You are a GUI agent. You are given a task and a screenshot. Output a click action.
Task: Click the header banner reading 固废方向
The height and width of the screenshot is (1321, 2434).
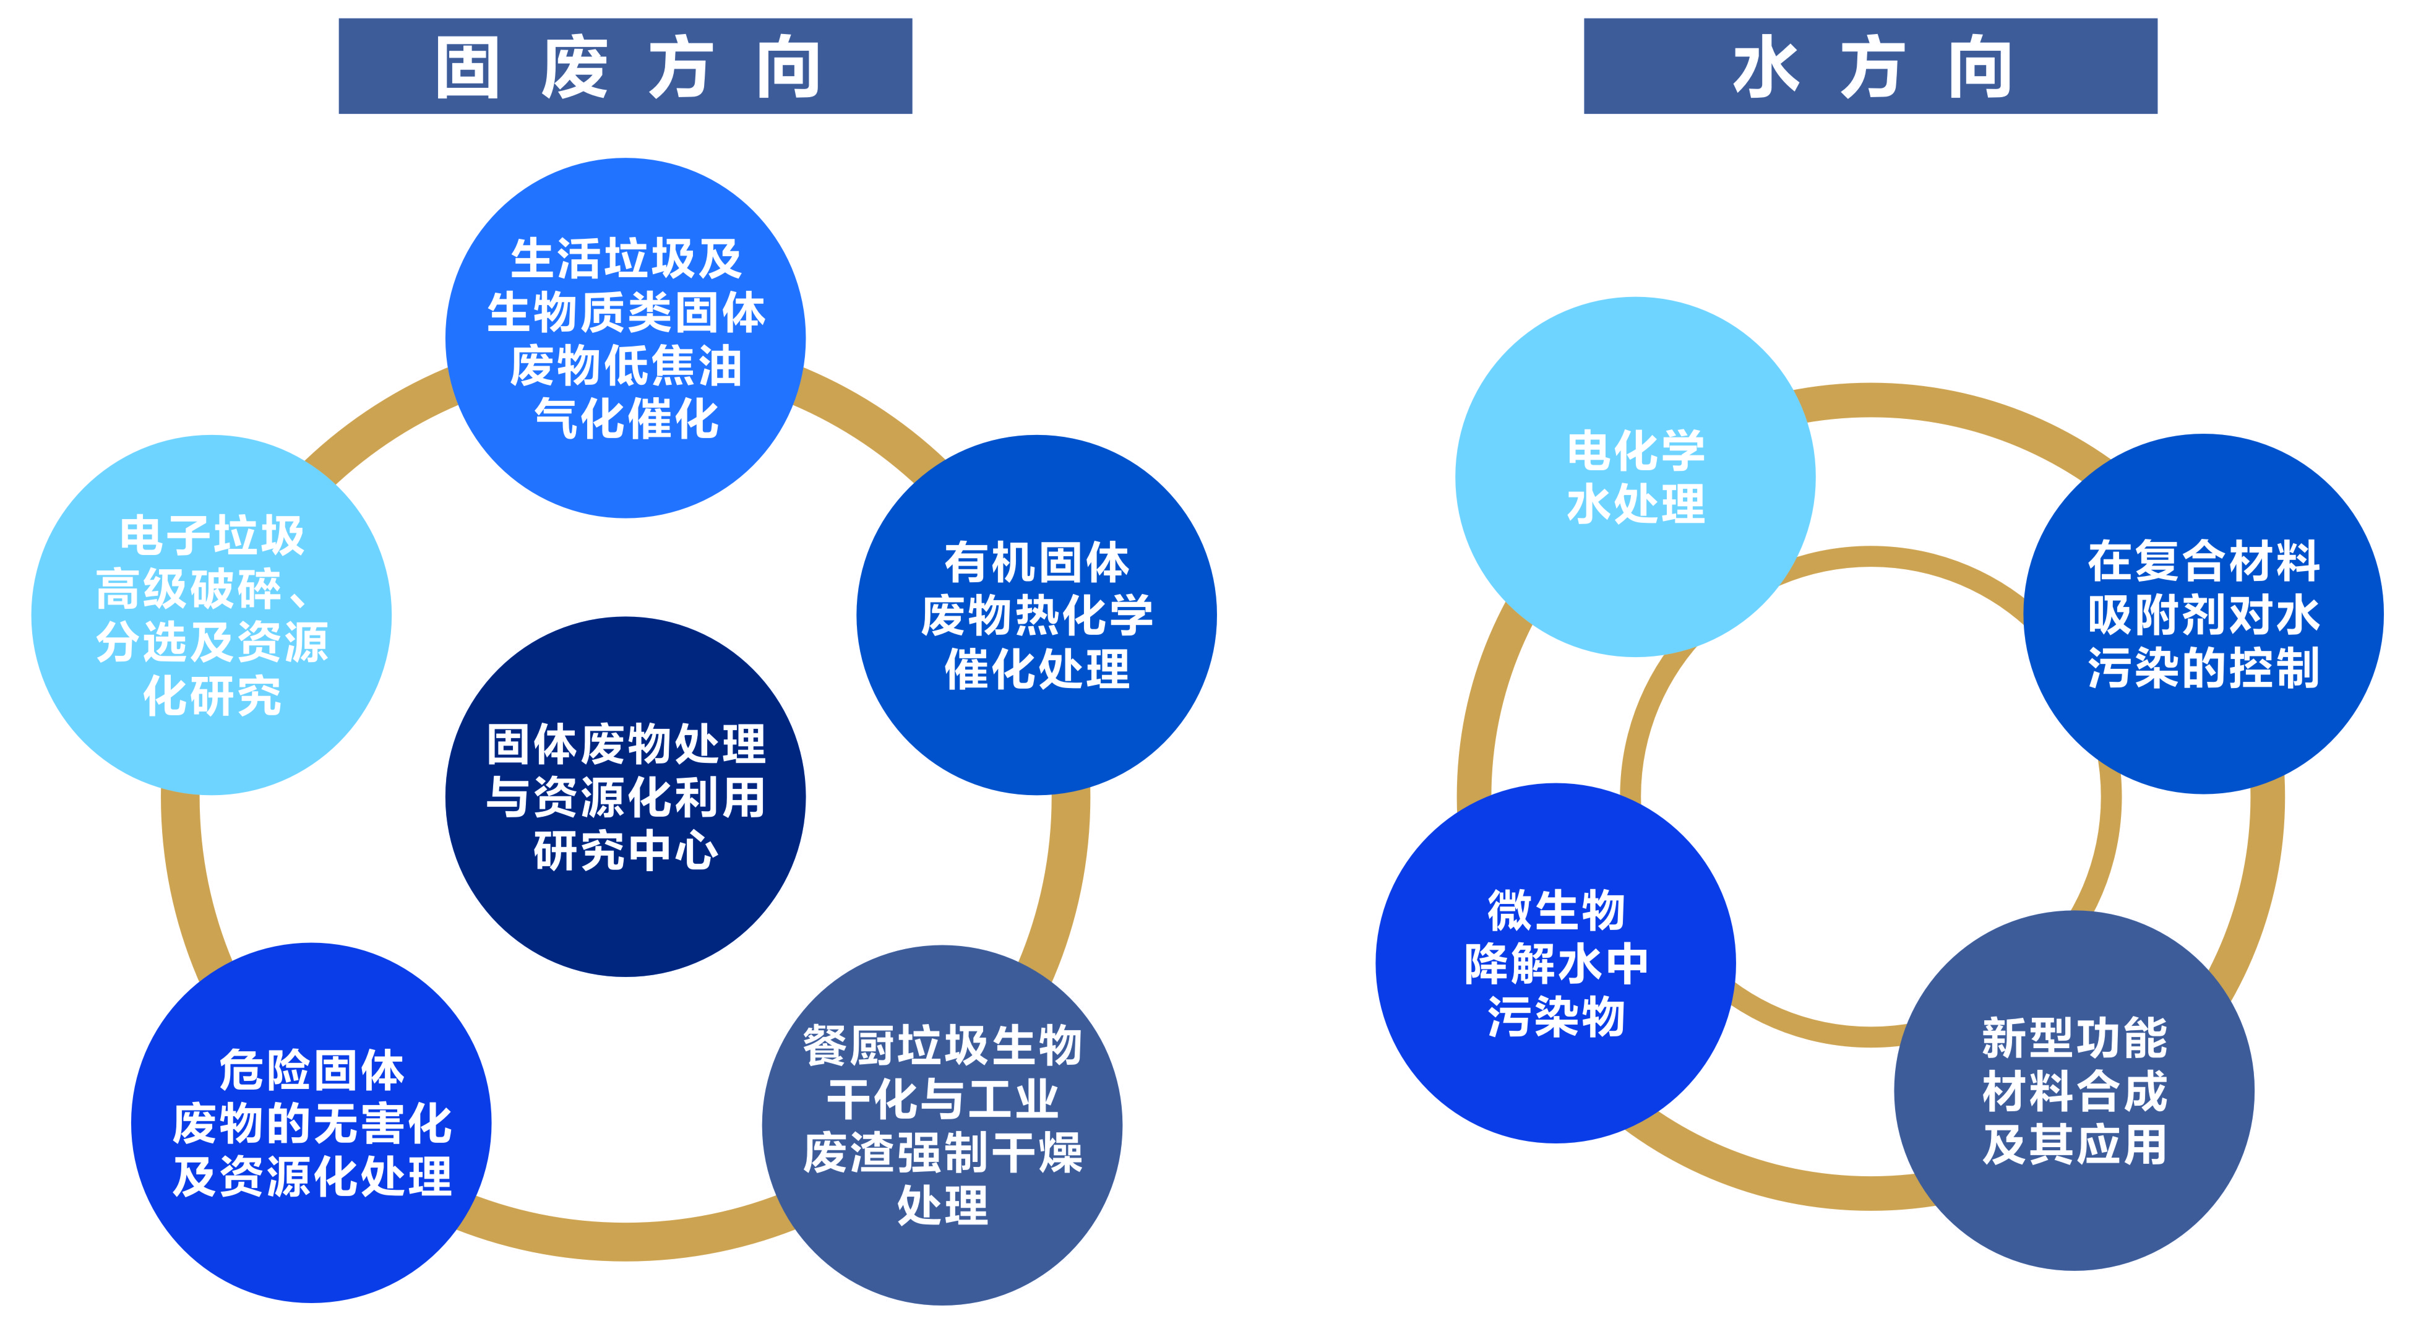(624, 66)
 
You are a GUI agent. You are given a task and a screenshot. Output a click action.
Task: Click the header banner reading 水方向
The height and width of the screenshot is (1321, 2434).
(1870, 66)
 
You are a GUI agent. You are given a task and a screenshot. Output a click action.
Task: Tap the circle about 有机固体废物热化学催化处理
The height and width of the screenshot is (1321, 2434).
(1036, 615)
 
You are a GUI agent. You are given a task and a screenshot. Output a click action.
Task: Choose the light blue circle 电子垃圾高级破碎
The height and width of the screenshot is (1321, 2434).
(212, 615)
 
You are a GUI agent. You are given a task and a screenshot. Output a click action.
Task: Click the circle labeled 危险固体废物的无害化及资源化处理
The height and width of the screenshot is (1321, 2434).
(311, 1122)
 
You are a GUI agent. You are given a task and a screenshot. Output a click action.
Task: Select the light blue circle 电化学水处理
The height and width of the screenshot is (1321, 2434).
(1636, 477)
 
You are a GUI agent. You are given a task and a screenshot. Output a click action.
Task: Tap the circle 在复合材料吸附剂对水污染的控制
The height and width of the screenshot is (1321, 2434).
(2203, 614)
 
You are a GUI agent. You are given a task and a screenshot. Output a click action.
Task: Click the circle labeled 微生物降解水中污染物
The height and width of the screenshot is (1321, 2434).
(1555, 963)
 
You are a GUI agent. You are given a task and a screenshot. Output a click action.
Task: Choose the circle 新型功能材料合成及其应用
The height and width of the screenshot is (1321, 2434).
(2074, 1090)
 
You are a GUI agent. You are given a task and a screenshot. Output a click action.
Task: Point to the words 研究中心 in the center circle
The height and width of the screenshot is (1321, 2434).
(626, 850)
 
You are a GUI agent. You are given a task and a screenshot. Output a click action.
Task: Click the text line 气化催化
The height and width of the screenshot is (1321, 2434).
(626, 419)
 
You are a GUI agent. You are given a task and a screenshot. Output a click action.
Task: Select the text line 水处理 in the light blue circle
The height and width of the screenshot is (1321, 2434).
(1636, 504)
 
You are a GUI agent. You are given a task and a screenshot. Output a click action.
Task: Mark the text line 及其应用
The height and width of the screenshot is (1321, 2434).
(2074, 1144)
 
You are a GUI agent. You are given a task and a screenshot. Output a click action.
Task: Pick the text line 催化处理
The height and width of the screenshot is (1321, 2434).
(1036, 669)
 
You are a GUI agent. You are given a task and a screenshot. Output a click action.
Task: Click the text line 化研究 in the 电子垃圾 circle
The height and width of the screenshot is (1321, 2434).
(212, 697)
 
